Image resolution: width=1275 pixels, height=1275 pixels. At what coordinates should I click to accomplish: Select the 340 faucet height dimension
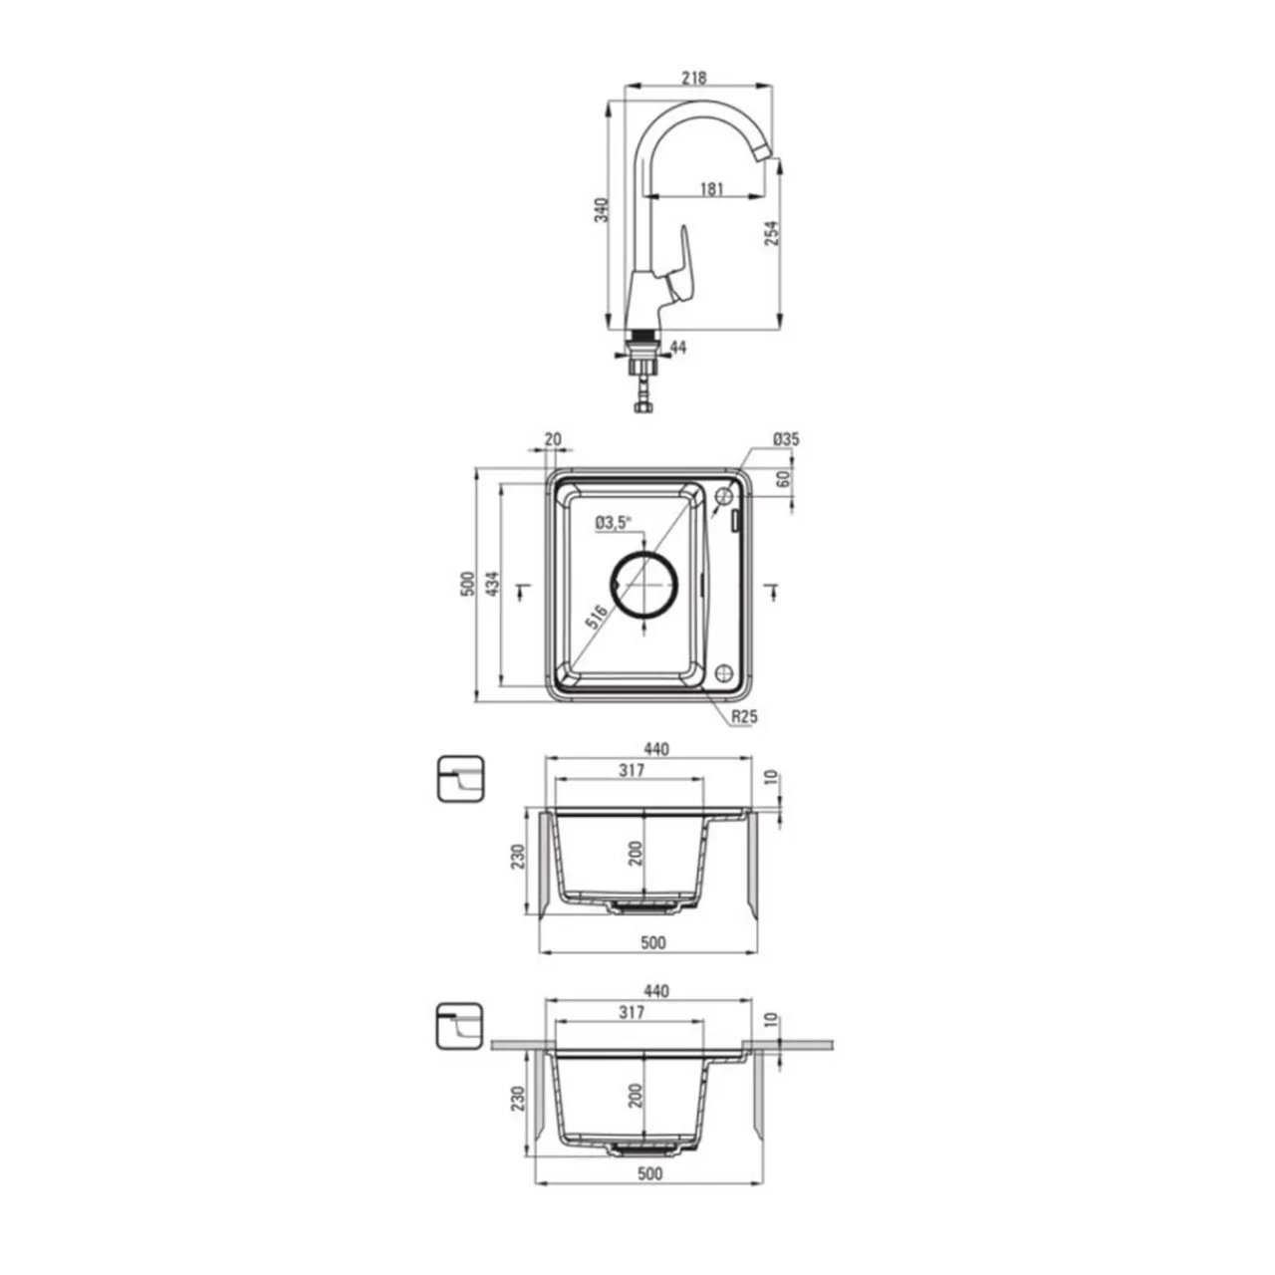(x=601, y=210)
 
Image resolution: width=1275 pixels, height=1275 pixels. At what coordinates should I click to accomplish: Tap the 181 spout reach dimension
(x=711, y=188)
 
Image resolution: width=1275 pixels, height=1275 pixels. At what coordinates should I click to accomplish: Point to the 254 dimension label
(x=772, y=232)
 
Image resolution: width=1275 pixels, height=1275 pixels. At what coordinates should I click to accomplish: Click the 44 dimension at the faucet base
(x=678, y=347)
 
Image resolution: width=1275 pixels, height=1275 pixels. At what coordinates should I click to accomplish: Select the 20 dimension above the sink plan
(x=553, y=438)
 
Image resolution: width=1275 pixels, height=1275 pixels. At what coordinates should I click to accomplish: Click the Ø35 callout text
(x=785, y=438)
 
